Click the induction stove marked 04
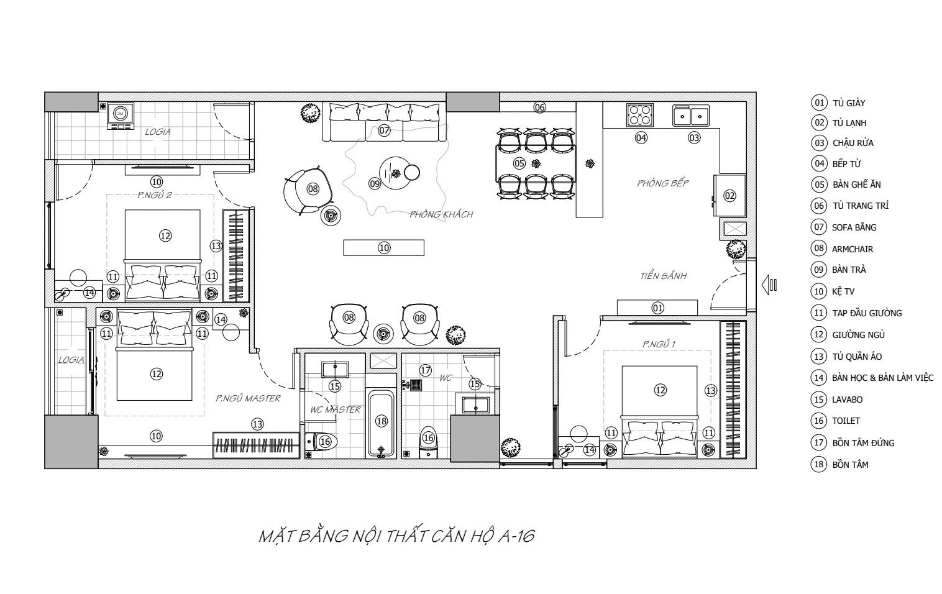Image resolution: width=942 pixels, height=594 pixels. (x=640, y=115)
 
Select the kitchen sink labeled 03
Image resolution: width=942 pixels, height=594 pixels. (x=691, y=116)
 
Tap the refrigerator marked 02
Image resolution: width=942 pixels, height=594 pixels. (x=729, y=196)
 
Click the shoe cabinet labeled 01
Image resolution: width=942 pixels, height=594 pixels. (x=657, y=308)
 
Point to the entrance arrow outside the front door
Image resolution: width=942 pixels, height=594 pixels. (x=769, y=285)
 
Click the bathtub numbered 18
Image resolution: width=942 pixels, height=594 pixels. (x=382, y=423)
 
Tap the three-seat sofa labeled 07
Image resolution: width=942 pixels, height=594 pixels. (x=384, y=122)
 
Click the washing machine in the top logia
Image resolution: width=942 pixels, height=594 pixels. (x=121, y=115)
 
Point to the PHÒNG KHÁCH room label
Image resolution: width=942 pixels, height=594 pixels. (x=441, y=214)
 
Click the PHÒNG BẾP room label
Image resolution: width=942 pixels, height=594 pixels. (x=662, y=183)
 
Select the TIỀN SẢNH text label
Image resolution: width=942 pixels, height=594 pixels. (x=663, y=276)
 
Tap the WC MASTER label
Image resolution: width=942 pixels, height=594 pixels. (x=335, y=409)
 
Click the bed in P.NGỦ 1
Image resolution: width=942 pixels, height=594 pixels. (x=659, y=404)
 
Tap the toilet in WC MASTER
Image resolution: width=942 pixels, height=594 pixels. (x=322, y=441)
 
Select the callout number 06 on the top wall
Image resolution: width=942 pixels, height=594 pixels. (x=539, y=107)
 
